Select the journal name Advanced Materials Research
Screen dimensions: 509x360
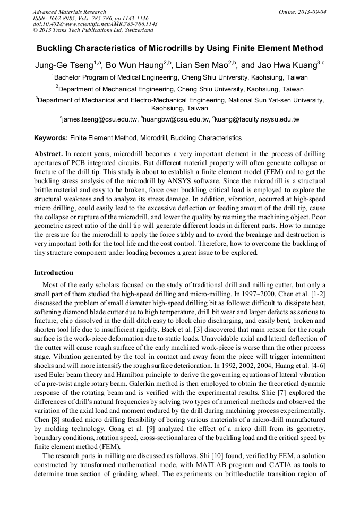click(69, 12)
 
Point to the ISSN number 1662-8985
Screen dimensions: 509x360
click(62, 18)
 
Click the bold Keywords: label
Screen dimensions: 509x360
click(51, 138)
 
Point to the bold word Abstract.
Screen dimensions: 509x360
click(48, 153)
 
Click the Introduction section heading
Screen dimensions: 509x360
click(54, 273)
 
